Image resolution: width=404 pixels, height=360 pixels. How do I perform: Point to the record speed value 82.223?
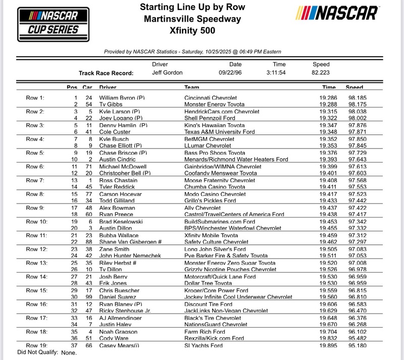point(322,72)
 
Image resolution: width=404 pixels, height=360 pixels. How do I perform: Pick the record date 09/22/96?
point(235,72)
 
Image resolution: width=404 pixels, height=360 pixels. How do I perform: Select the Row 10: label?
point(36,221)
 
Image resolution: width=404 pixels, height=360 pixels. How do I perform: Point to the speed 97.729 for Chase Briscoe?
point(356,152)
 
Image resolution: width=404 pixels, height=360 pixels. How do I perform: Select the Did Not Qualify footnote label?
point(37,352)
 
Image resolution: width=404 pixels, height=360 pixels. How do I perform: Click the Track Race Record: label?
point(106,73)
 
